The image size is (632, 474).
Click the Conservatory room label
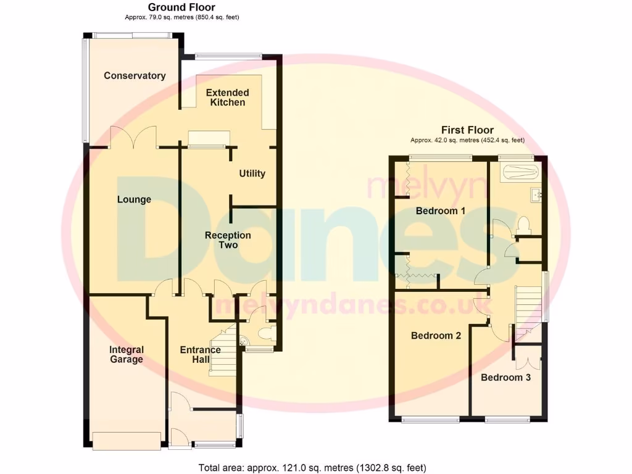click(x=135, y=76)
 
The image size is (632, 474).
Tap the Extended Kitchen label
click(x=228, y=98)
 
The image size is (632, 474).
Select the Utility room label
click(x=252, y=173)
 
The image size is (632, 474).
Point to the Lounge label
click(x=134, y=199)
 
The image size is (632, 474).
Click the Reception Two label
click(x=228, y=240)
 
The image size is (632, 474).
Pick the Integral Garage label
click(x=126, y=355)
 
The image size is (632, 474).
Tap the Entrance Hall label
click(x=200, y=355)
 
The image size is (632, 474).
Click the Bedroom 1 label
click(x=440, y=211)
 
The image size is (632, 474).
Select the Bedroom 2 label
click(x=436, y=336)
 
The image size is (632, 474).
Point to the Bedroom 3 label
click(x=505, y=377)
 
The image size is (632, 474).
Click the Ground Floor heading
click(x=181, y=7)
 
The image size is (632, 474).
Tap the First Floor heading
click(x=467, y=130)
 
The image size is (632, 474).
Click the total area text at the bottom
click(x=312, y=467)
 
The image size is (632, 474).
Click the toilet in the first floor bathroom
click(x=523, y=223)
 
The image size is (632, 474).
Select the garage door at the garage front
click(x=127, y=439)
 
